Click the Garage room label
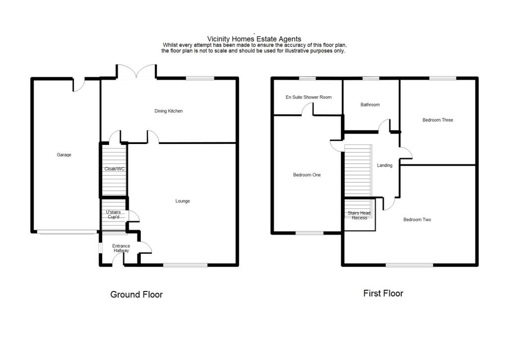click(64, 155)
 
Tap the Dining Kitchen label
click(169, 111)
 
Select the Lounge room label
click(183, 201)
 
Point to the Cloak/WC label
click(114, 169)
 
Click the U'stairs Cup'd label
click(114, 215)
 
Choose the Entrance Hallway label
click(121, 248)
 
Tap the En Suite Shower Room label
click(308, 97)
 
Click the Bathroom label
click(370, 105)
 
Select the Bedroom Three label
click(438, 120)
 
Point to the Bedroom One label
click(307, 175)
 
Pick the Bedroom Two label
click(417, 219)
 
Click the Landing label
click(384, 165)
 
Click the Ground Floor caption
click(136, 294)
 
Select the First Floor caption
click(383, 293)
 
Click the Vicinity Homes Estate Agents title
click(254, 39)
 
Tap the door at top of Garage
click(78, 84)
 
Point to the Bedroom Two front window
click(409, 265)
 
